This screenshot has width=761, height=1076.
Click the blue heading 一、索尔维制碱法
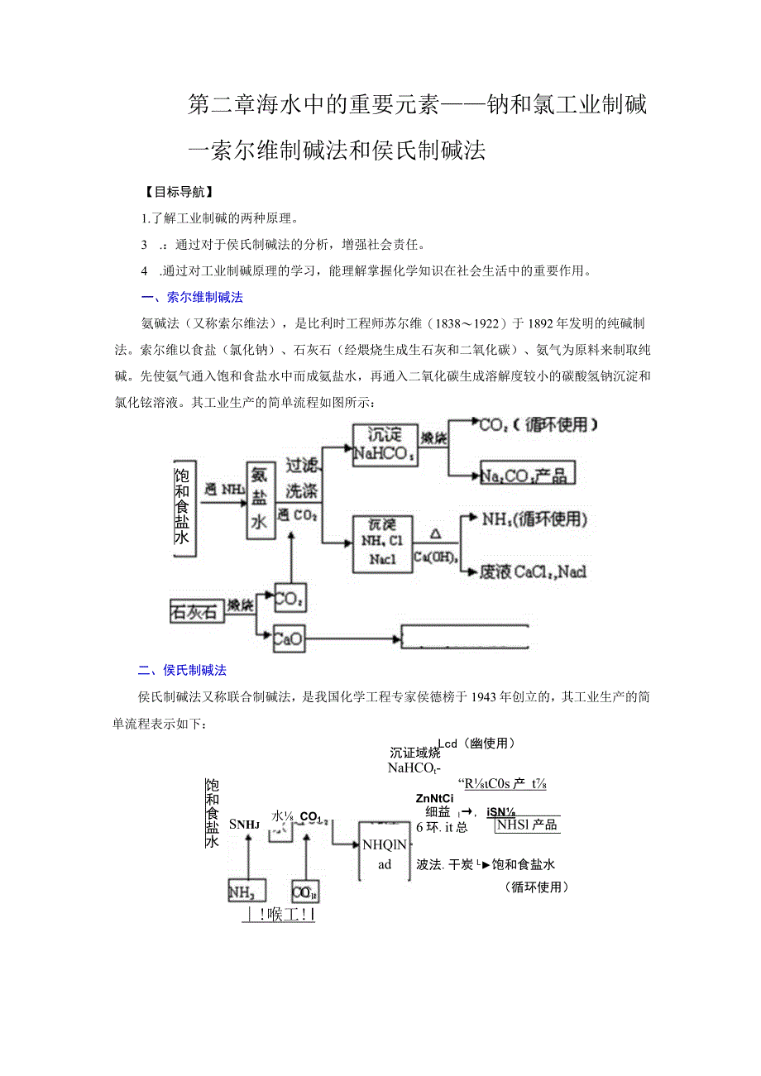(191, 297)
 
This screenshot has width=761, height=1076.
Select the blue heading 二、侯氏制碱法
(182, 670)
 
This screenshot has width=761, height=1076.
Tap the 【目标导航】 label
(179, 193)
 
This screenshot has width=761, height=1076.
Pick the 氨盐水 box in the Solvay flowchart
(260, 499)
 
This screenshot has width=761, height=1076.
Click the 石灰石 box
(194, 612)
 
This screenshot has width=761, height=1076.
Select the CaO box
(289, 638)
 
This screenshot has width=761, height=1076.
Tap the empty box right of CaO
(464, 636)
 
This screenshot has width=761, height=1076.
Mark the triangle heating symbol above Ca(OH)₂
(436, 535)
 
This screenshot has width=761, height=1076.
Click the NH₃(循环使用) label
(534, 519)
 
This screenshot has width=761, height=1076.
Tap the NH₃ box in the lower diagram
(246, 891)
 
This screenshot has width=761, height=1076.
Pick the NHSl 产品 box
(526, 825)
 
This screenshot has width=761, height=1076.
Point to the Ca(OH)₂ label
(436, 557)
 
